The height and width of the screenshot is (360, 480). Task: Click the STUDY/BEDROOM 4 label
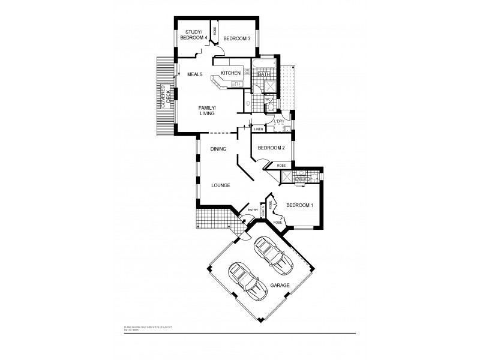point(196,35)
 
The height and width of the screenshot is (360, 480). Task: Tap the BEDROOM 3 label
point(236,38)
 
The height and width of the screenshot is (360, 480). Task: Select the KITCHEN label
point(230,73)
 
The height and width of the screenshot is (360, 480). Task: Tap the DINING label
point(218,149)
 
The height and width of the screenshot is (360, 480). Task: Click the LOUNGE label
point(220,185)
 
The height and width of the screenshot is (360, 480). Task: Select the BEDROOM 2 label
point(271,148)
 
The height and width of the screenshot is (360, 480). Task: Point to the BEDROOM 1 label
point(299,205)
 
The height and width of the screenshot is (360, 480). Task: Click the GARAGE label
point(280,286)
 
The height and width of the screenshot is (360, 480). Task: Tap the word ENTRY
point(253,209)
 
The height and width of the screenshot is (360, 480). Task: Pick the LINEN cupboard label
point(259,129)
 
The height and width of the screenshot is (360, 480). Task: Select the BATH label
point(264,74)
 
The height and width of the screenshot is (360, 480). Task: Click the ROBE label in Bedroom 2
point(280,165)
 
